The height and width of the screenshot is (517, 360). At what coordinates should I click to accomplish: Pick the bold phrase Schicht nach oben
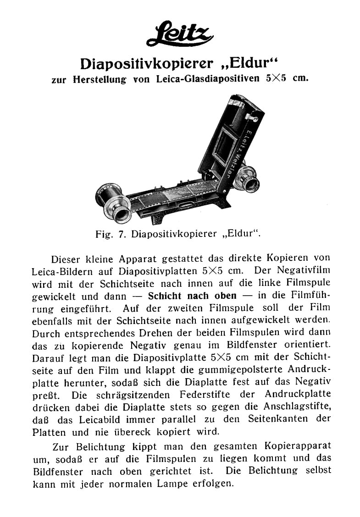click(192, 296)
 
